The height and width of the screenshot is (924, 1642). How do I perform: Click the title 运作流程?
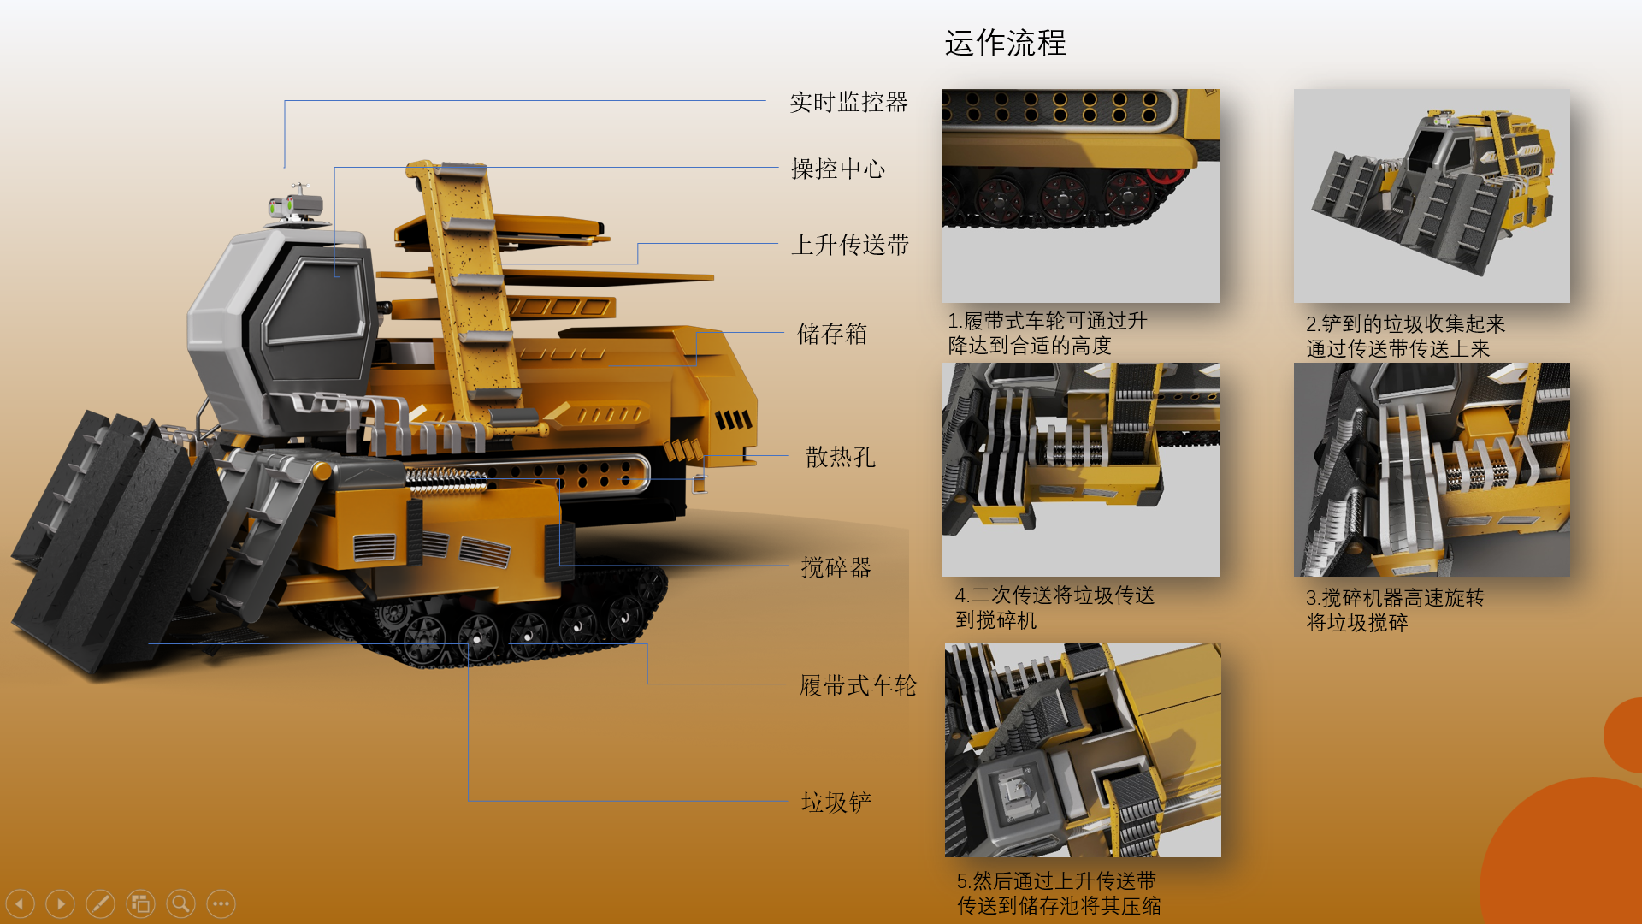[x=1005, y=43]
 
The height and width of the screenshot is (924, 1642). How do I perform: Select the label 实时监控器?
[x=848, y=103]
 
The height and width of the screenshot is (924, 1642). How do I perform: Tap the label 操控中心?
[x=837, y=169]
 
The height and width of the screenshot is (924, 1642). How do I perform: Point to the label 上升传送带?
[x=849, y=246]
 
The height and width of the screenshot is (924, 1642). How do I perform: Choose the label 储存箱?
[x=831, y=334]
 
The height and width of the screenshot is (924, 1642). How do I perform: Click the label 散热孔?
[x=840, y=457]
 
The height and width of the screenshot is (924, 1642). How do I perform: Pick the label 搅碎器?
[x=836, y=567]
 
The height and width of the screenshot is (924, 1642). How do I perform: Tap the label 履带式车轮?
[x=857, y=685]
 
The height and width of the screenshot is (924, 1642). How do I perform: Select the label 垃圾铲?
[x=836, y=802]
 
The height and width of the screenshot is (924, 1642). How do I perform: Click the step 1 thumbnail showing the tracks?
[x=1080, y=196]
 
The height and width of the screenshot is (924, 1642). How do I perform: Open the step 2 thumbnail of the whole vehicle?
[x=1431, y=196]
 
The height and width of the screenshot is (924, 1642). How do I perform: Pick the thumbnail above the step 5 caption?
[x=1082, y=750]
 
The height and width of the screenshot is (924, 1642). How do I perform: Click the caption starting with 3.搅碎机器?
[x=1394, y=610]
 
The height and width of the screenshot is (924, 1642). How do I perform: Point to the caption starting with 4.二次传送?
[x=1054, y=607]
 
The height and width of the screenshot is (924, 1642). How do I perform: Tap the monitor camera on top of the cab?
[x=295, y=205]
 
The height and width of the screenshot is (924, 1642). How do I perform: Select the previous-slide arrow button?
[x=21, y=903]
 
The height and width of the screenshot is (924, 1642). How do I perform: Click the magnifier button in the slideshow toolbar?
[x=180, y=903]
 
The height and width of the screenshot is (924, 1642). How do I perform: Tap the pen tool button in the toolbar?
[x=100, y=903]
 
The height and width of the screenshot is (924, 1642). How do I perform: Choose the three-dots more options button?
[x=221, y=903]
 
